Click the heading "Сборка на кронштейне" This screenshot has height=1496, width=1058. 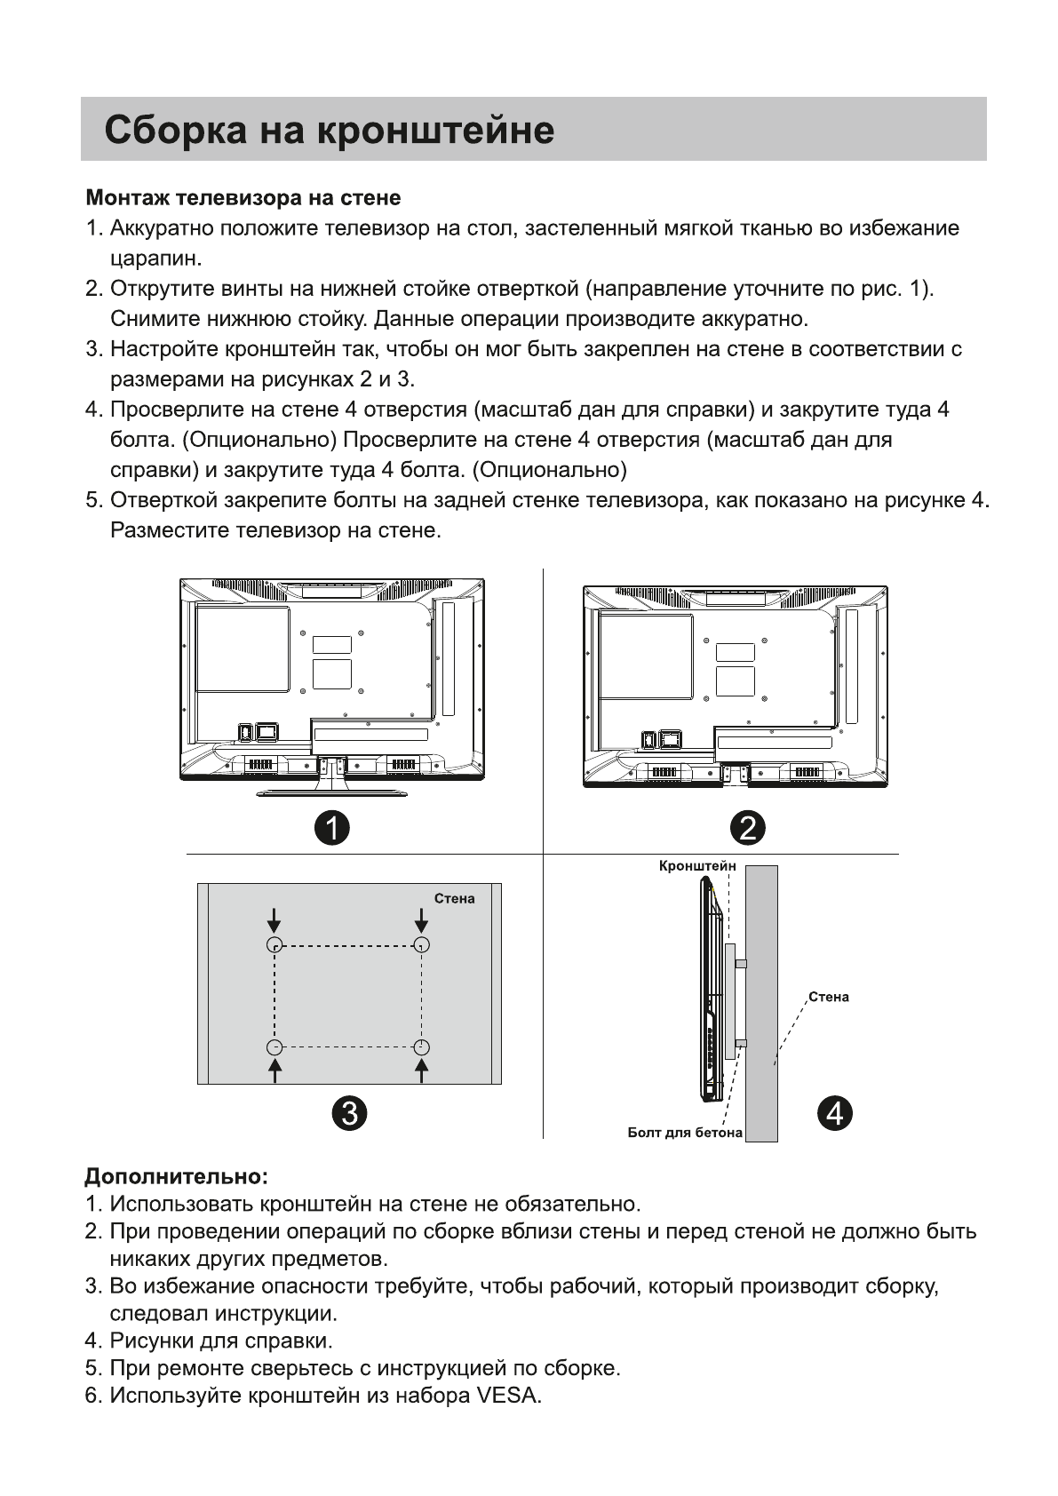point(329,131)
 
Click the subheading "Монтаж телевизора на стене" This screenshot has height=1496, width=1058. point(243,197)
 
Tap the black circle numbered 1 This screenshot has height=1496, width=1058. point(332,828)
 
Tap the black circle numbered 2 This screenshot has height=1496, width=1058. point(747,828)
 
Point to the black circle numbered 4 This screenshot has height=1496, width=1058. point(834,1112)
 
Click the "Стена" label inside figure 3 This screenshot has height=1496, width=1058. point(454,899)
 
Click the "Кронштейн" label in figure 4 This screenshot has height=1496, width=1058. point(697,865)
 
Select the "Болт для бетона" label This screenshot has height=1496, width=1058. point(684,1133)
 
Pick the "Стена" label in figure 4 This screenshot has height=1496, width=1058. point(828,997)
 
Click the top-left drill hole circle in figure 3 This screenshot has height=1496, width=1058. point(275,945)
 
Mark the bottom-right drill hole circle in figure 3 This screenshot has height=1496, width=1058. point(422,1047)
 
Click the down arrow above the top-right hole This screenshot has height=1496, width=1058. point(422,919)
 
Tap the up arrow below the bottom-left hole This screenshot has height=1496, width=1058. point(275,1071)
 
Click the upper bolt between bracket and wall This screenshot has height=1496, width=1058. point(741,964)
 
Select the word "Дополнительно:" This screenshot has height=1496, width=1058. point(176,1176)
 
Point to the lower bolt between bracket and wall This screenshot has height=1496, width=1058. point(741,1043)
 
